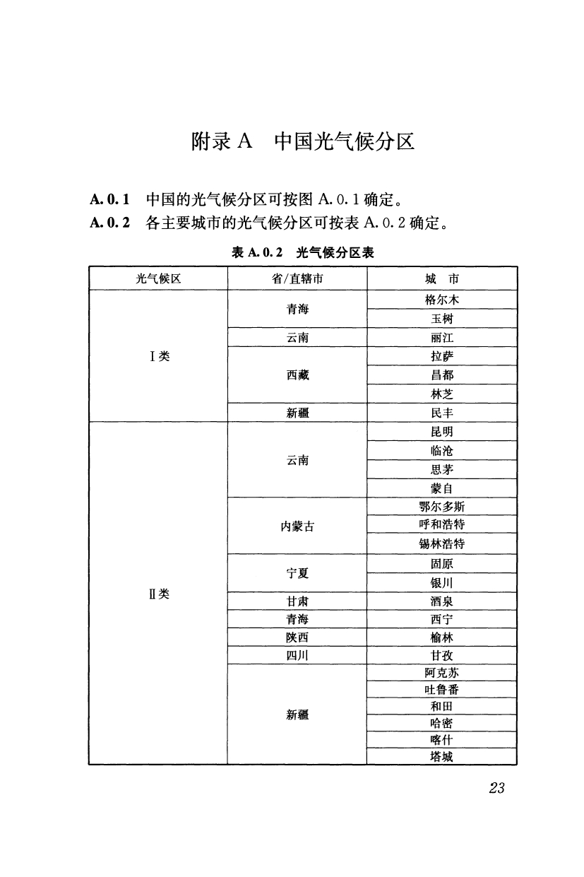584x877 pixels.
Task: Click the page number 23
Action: (496, 789)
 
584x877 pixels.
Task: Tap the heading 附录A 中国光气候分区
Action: (302, 142)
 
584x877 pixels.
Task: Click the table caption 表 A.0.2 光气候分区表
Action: (303, 252)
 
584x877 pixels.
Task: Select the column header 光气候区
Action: (158, 278)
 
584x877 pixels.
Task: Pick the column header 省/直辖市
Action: (297, 278)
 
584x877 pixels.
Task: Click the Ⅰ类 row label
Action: (159, 355)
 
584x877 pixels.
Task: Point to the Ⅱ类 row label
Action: (159, 593)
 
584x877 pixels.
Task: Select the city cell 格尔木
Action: (442, 300)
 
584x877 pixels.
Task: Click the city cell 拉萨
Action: (442, 356)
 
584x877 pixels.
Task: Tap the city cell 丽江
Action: (442, 338)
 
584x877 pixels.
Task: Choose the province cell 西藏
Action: (297, 375)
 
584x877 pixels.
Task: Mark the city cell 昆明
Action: (442, 431)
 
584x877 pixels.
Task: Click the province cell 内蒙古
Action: (297, 526)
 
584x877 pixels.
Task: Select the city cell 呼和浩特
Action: (442, 525)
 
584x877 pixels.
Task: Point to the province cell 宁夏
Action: (297, 573)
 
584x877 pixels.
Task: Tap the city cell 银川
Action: (442, 582)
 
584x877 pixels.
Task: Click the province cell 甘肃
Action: (297, 601)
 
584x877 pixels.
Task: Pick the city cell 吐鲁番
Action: (442, 690)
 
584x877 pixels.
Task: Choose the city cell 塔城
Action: (442, 756)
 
